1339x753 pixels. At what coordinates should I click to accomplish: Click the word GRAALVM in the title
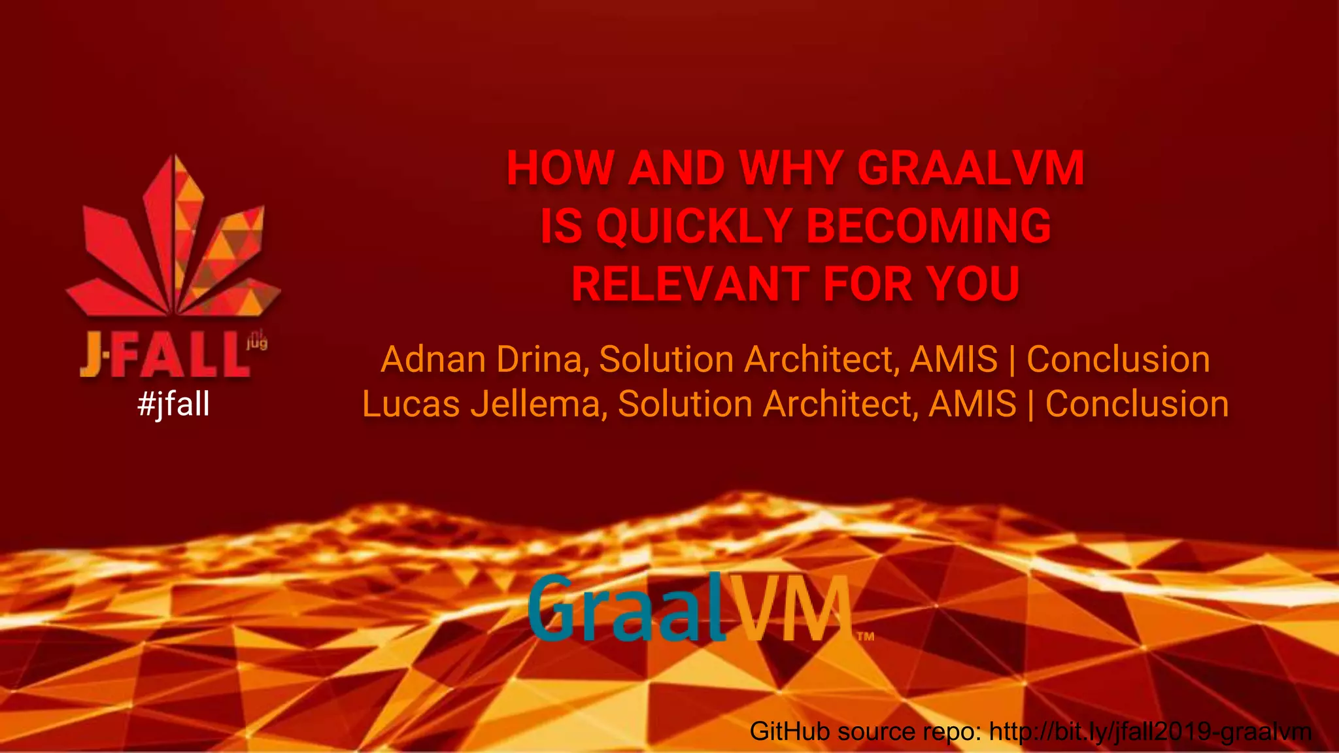pyautogui.click(x=970, y=169)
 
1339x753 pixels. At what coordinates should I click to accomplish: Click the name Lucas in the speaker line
pyautogui.click(x=411, y=404)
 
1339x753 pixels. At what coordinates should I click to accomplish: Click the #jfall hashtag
pyautogui.click(x=173, y=403)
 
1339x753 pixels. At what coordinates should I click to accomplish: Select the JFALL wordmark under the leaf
pyautogui.click(x=163, y=354)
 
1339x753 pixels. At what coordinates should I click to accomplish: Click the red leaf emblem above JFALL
pyautogui.click(x=173, y=242)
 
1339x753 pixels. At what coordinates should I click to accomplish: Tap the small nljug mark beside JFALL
pyautogui.click(x=257, y=341)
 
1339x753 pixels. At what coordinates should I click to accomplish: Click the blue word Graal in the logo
pyautogui.click(x=626, y=608)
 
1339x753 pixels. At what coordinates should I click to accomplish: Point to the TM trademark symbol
pyautogui.click(x=865, y=636)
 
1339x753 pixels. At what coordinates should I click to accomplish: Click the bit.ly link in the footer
pyautogui.click(x=1150, y=731)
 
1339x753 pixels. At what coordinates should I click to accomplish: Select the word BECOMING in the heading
pyautogui.click(x=928, y=226)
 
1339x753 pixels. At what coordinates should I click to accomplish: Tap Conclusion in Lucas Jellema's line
pyautogui.click(x=1137, y=404)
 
